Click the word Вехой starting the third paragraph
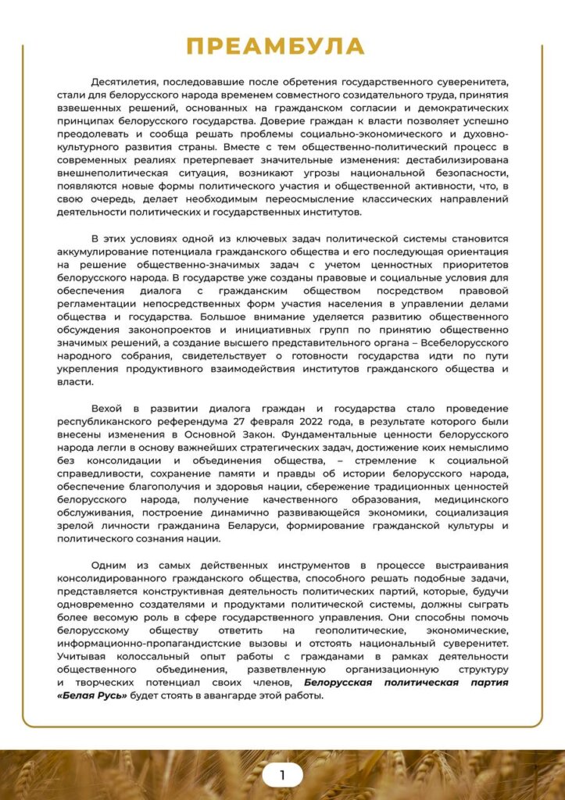(x=108, y=409)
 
